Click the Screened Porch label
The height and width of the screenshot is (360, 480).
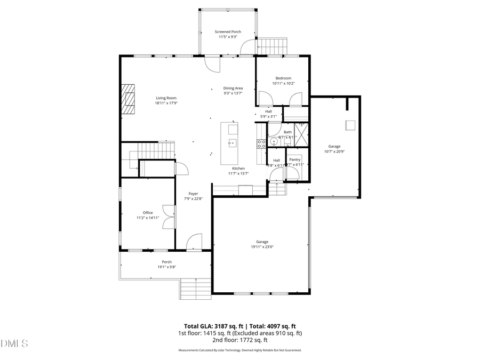point(228,32)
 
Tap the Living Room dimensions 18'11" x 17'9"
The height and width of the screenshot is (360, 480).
point(166,103)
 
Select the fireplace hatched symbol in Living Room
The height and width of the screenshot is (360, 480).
point(127,99)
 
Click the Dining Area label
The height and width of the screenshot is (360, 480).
point(233,88)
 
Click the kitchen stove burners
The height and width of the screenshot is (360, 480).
point(261,143)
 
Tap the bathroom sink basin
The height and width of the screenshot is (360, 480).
point(274,142)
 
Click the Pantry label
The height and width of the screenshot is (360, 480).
point(294,159)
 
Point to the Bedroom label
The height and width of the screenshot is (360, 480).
point(283,78)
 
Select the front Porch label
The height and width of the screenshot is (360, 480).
point(167,262)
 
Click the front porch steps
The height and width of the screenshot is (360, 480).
point(196,290)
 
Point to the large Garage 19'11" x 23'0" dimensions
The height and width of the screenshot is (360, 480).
point(260,247)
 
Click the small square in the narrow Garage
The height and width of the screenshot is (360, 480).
point(350,125)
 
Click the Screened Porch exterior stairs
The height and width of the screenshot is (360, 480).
point(273,46)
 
